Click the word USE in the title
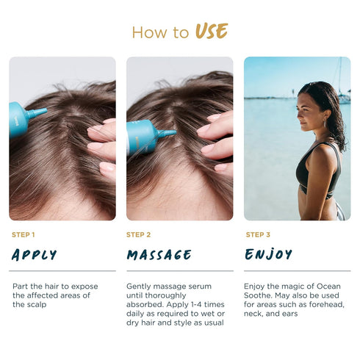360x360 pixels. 212,31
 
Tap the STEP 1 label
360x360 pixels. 24,234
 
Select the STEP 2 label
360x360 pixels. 138,234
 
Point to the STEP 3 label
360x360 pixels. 258,234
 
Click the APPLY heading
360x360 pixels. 34,255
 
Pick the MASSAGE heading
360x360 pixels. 159,255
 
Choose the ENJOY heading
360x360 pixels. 268,254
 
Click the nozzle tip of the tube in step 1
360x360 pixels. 46,110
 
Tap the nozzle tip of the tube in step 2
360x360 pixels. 175,132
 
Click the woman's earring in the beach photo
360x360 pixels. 325,123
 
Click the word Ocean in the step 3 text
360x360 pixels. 328,286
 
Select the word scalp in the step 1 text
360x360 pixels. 36,305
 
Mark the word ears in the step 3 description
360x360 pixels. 290,314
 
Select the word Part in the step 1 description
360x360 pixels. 21,286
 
